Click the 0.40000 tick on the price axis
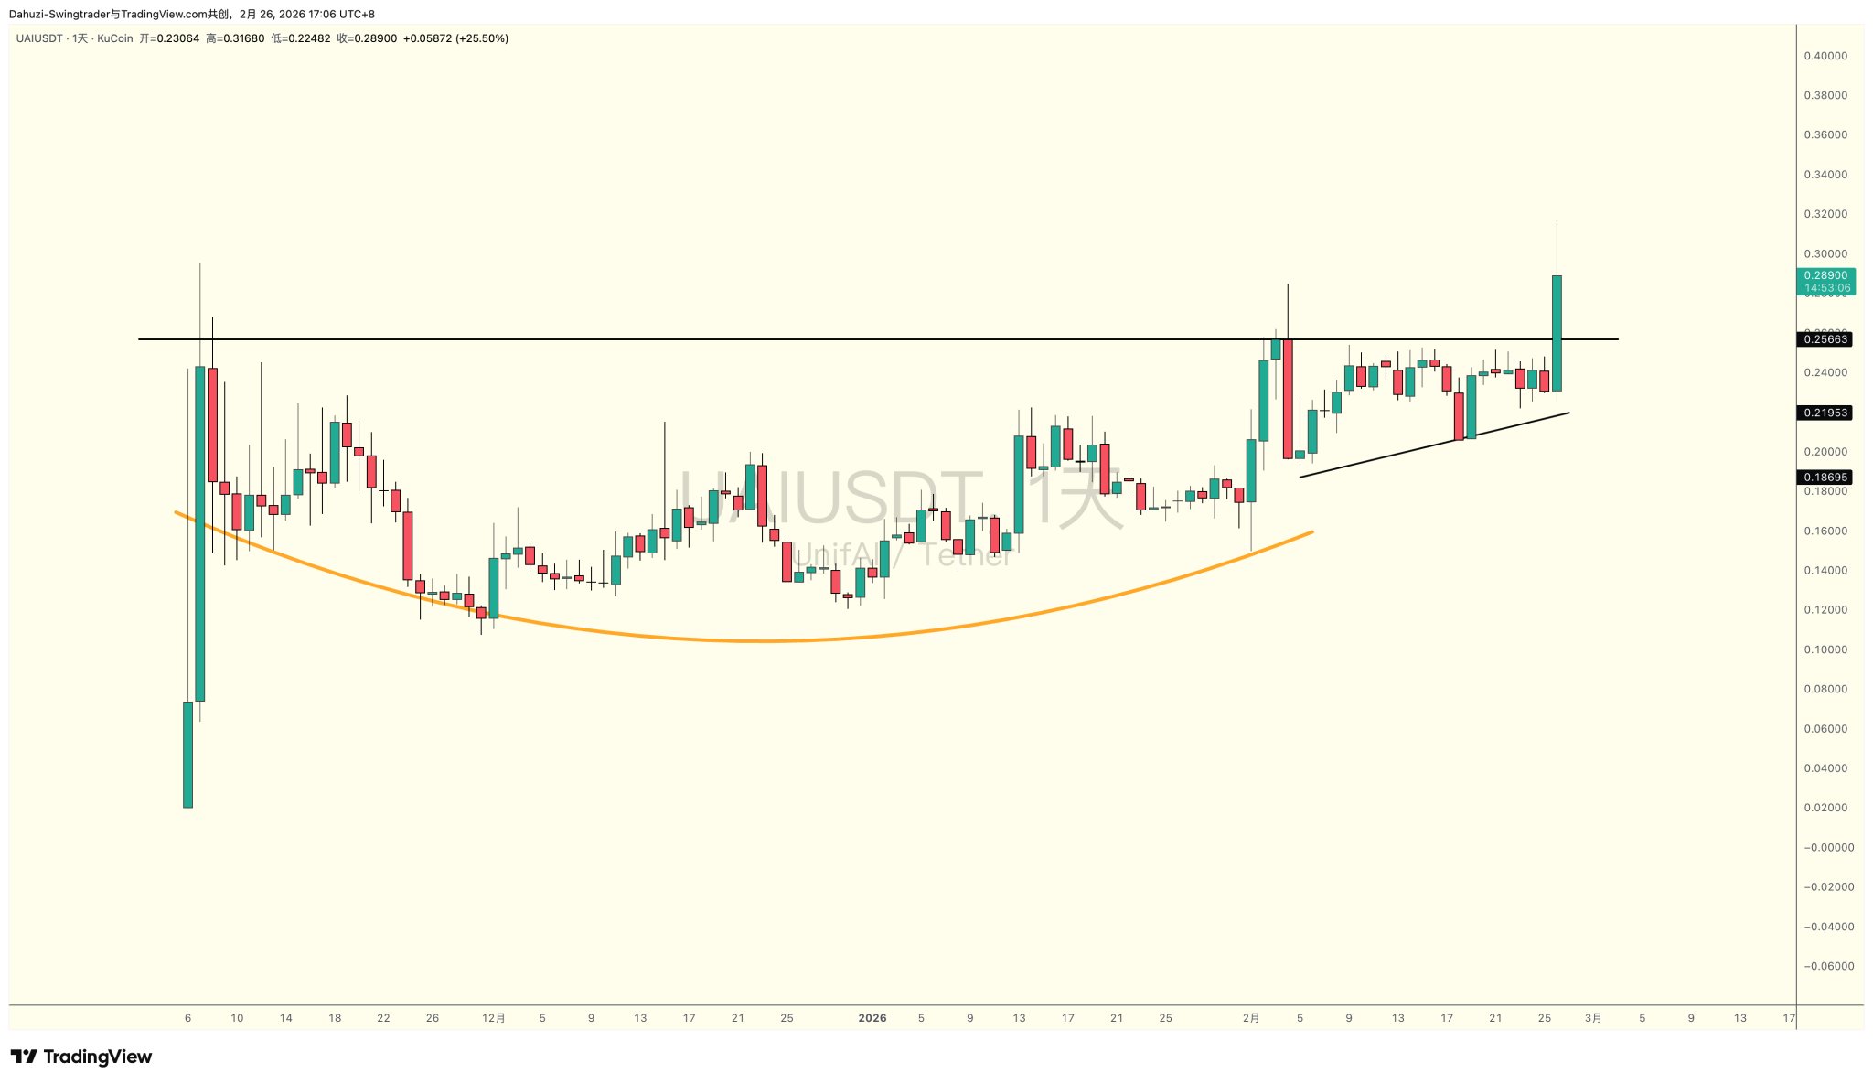coord(1825,56)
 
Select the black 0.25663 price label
coord(1825,339)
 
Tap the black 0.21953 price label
coord(1825,413)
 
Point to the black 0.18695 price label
coord(1825,478)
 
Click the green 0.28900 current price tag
coord(1825,275)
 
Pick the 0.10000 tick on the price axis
coord(1825,649)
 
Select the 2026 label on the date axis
coord(872,1018)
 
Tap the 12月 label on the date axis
coord(493,1018)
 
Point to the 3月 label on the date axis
coord(1593,1018)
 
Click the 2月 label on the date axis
coord(1251,1018)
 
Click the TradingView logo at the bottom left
coord(81,1057)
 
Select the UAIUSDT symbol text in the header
coord(39,38)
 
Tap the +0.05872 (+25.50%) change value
coord(455,38)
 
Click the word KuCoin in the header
coord(114,38)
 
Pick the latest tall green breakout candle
coord(1557,333)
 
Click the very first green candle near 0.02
coord(188,754)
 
